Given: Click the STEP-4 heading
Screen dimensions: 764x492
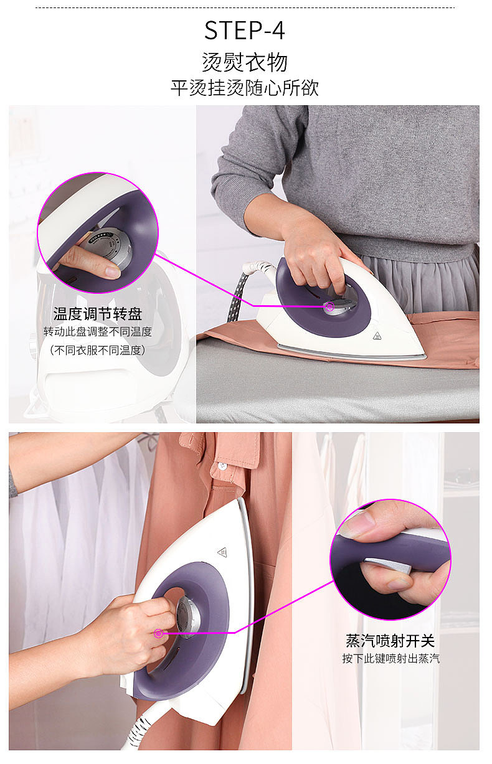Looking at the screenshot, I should [x=245, y=31].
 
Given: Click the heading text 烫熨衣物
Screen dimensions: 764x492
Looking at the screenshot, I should [x=245, y=62].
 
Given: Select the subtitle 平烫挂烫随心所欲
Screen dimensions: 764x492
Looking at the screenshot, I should [x=245, y=88].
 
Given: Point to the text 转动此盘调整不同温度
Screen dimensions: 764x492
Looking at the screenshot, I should [x=98, y=332].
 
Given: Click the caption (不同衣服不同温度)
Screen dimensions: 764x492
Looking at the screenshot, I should [x=98, y=350].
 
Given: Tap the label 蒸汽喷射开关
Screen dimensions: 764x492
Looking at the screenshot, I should [x=390, y=641].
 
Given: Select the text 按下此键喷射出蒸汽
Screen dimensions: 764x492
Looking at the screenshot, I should [x=390, y=658].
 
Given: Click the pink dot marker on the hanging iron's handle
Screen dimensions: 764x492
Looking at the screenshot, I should [x=159, y=633].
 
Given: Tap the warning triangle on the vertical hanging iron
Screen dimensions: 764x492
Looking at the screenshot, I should [x=222, y=552].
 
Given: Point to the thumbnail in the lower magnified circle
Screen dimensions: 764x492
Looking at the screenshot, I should [x=358, y=525].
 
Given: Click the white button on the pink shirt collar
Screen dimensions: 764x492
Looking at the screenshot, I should [x=220, y=465].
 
